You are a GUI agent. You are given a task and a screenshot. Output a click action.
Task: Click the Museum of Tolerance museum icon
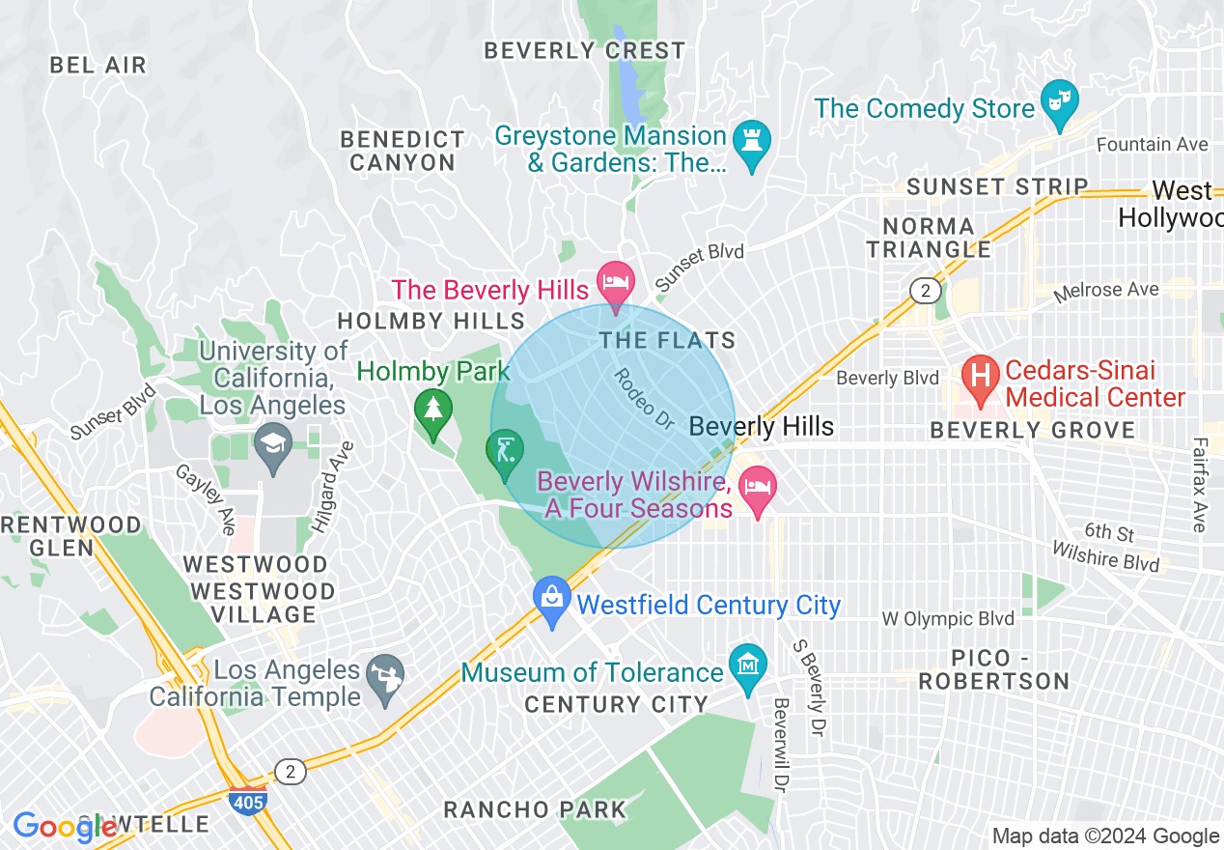(x=748, y=666)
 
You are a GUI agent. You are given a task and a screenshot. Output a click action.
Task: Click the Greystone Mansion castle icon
(x=752, y=142)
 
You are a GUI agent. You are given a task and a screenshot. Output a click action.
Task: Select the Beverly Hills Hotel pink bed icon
(x=616, y=283)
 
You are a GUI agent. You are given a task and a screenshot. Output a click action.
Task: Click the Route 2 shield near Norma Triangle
(x=925, y=290)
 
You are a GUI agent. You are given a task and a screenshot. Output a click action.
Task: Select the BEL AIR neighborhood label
(x=97, y=66)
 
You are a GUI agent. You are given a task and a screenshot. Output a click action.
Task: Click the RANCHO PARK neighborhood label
(x=534, y=809)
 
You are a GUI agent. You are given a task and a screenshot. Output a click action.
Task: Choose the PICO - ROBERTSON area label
(x=993, y=668)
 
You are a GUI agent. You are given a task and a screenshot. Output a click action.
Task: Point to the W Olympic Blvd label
(x=948, y=618)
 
